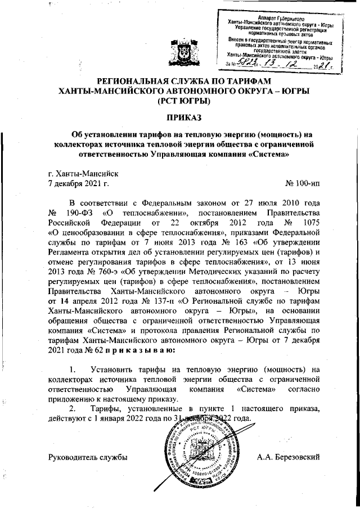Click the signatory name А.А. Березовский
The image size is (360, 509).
coord(288,455)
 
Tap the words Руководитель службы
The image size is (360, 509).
coord(88,455)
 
